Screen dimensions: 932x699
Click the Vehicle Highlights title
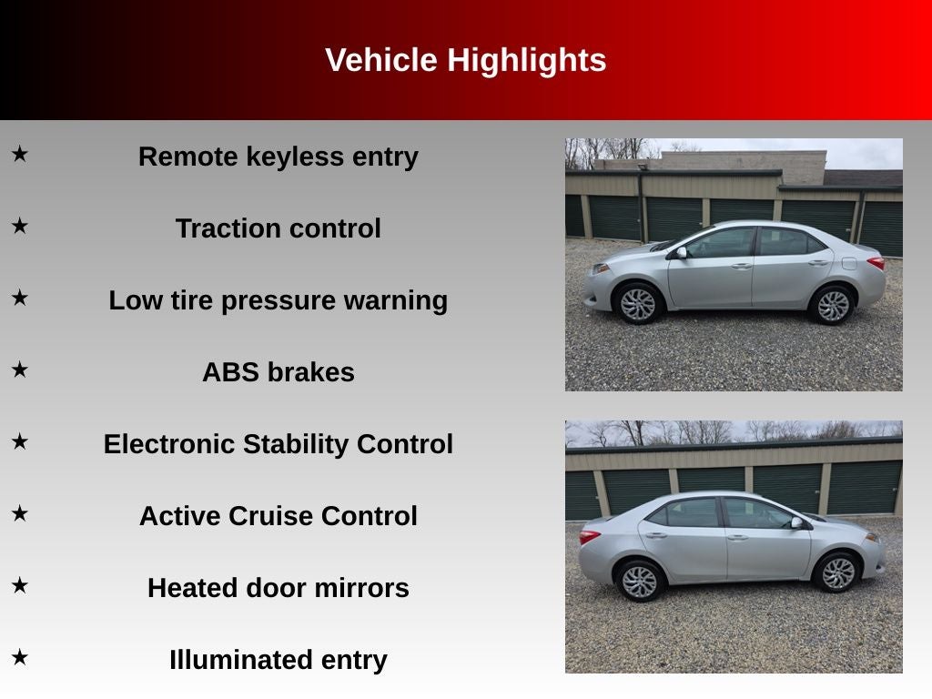465,60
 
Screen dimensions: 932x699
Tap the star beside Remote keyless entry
20,154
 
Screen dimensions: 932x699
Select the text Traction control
279,228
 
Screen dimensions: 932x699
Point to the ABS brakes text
279,372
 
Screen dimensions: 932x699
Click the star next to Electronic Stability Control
20,441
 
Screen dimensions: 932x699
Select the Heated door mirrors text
279,588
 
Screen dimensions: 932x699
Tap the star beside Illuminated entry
20,657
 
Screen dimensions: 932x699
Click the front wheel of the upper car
638,304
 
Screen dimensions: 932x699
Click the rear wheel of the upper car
833,306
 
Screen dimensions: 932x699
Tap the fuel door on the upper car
849,263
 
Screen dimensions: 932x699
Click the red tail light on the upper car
876,262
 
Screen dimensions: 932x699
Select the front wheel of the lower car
838,573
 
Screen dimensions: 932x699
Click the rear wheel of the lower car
641,582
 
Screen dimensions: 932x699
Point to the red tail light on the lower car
589,537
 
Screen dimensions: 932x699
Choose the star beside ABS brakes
20,370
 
